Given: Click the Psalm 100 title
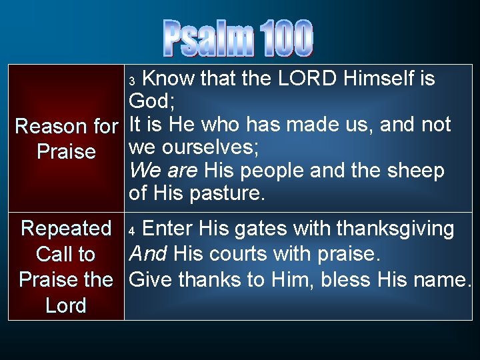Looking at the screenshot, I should click(238, 38).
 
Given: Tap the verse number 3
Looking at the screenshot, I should click(132, 81).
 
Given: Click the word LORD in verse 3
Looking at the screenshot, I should click(307, 79).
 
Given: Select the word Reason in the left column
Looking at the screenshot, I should click(50, 126).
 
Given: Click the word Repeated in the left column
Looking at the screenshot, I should click(66, 229).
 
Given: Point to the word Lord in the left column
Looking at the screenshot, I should click(66, 306).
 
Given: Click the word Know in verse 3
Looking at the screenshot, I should click(169, 79).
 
